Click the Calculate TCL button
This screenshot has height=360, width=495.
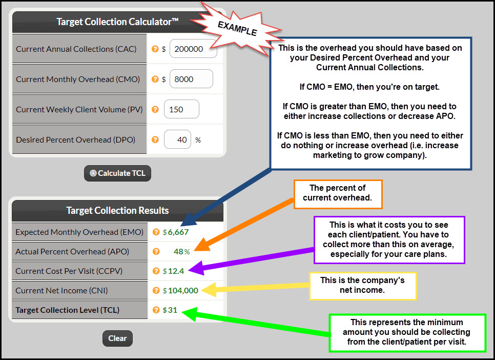(117, 173)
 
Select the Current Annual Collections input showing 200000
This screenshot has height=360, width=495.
(193, 49)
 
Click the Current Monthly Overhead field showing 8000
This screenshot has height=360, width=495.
(191, 79)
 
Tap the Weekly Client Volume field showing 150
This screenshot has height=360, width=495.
(181, 109)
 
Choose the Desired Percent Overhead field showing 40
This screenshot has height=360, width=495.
(177, 139)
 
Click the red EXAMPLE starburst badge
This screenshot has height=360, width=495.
(237, 29)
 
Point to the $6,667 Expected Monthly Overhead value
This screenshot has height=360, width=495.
(176, 232)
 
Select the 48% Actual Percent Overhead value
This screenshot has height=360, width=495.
(182, 252)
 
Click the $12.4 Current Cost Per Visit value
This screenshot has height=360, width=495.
(173, 271)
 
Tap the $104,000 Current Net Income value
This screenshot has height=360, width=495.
(180, 291)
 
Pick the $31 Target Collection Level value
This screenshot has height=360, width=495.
(170, 310)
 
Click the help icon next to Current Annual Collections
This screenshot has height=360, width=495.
(155, 49)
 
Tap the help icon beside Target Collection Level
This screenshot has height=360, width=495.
(156, 310)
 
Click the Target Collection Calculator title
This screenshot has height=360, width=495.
(117, 22)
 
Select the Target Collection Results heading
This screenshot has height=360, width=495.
(117, 210)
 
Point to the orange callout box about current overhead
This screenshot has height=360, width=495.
(338, 194)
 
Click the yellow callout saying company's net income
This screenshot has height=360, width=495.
(363, 286)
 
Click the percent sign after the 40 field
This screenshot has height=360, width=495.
(198, 140)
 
